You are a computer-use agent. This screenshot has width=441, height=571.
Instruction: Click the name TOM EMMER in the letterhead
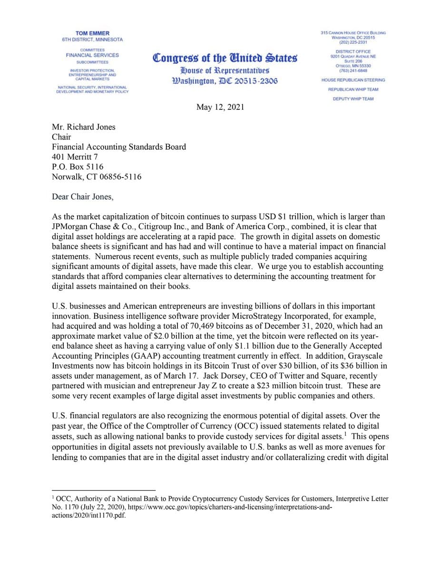92,33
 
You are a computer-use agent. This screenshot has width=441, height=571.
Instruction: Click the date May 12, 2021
220,107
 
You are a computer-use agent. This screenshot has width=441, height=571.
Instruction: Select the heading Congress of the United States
225,58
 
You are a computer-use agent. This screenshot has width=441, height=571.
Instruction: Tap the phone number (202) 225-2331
353,42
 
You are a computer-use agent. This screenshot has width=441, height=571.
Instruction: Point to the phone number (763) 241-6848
353,70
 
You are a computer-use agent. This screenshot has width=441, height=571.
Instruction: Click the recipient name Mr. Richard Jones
84,127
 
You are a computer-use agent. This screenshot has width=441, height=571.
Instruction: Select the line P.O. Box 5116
78,167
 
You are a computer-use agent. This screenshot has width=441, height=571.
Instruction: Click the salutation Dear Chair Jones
83,197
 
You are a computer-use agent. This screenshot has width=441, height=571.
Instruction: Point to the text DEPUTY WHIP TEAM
353,99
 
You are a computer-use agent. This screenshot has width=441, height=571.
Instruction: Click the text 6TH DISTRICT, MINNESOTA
92,39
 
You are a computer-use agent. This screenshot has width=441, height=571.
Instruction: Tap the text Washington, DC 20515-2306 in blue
225,80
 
